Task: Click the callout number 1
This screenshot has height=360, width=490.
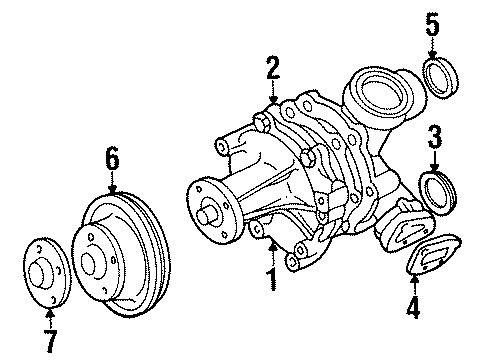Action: coord(273,279)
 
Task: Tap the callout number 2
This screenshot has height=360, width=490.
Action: coord(273,68)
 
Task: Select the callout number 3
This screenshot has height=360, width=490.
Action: coord(435,137)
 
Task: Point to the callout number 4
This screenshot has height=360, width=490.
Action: coord(413,306)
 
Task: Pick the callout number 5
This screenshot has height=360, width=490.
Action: coord(433,24)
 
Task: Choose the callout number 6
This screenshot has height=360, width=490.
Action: coord(112,158)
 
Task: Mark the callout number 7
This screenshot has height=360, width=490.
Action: coord(50,341)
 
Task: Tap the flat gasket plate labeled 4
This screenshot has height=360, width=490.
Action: coord(433,254)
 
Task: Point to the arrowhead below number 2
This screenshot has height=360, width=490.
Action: coord(273,99)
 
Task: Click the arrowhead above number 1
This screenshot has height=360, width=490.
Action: coord(273,247)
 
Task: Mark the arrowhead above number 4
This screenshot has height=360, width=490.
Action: coord(414,279)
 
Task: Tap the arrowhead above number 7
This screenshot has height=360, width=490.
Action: coord(50,313)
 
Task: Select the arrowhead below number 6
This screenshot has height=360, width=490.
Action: coord(113,190)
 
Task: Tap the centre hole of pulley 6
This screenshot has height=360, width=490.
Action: coord(87,264)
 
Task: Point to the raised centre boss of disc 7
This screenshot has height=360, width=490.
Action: coord(38,272)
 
